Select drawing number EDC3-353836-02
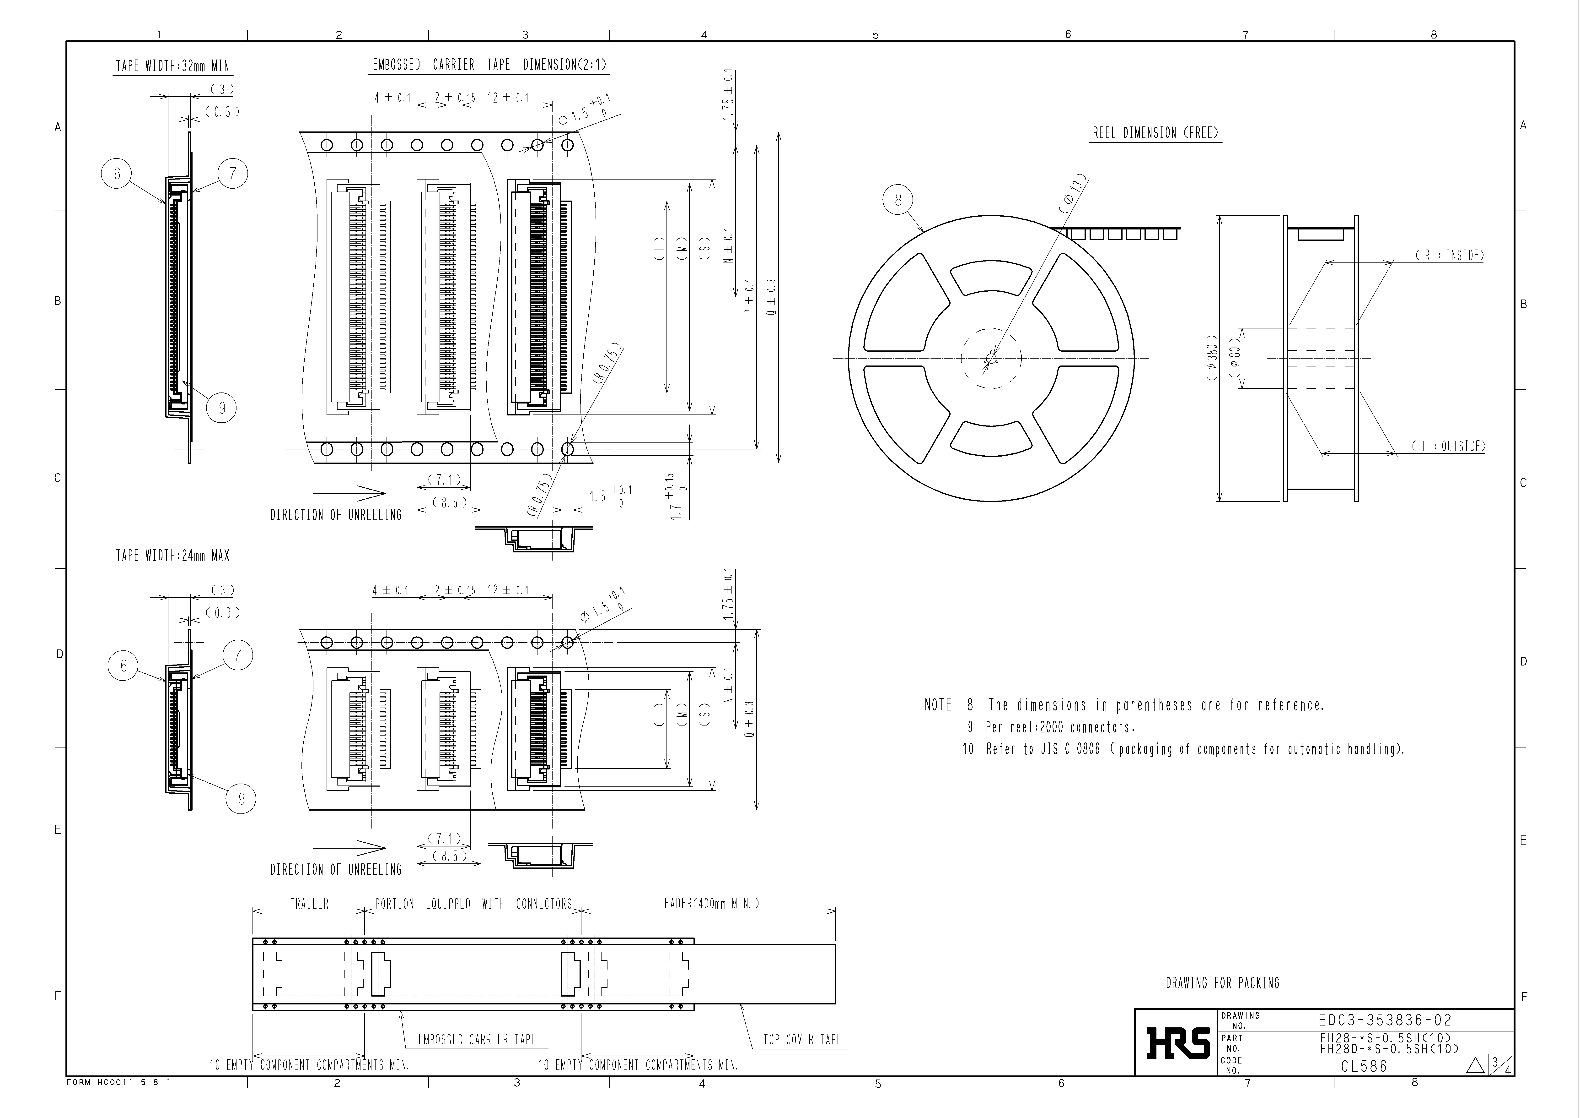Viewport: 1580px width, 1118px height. coord(1385,1020)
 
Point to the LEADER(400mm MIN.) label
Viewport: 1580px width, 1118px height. coord(709,903)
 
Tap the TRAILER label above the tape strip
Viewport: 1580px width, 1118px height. coord(309,903)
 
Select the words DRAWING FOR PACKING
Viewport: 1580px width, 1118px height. coord(1222,983)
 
